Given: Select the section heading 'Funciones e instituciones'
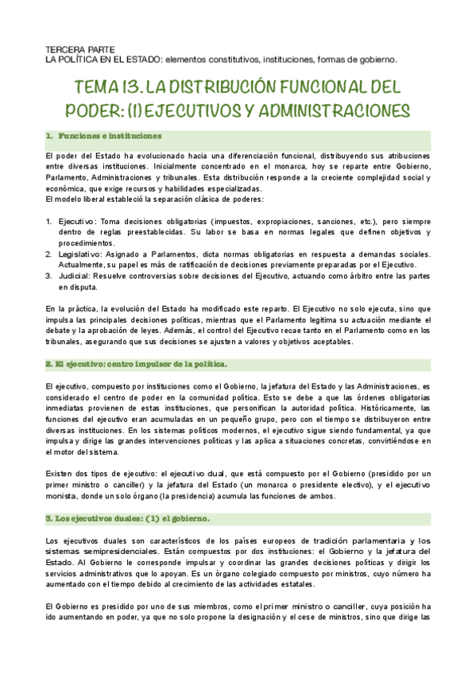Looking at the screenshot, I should pyautogui.click(x=109, y=136).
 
